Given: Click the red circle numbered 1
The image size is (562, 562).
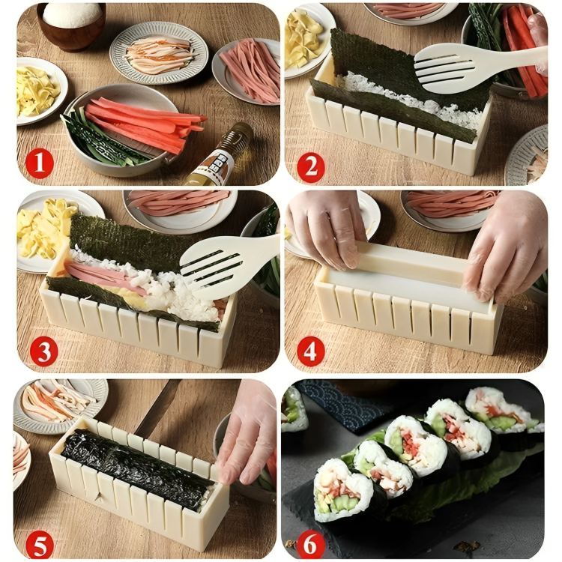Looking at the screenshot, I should coord(38,163).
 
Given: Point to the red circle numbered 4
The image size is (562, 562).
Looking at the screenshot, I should coord(310,349).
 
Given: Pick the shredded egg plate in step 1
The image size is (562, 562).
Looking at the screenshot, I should coord(37,90).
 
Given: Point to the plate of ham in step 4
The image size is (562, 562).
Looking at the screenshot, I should coord(449,207).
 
